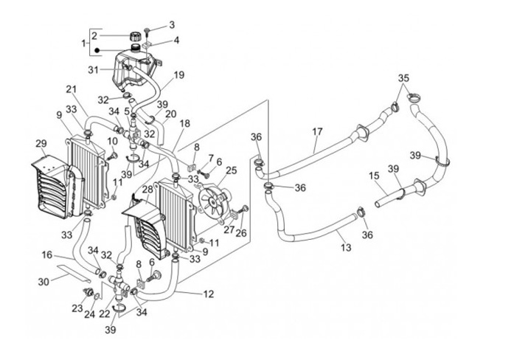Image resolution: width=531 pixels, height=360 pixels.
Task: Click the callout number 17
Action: (x=317, y=131)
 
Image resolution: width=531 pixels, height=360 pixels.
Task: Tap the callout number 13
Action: (x=346, y=248)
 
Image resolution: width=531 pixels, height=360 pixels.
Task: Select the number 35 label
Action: (x=403, y=78)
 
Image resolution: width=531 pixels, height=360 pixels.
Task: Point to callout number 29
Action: (x=41, y=144)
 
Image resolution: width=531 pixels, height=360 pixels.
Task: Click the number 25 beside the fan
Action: (x=232, y=170)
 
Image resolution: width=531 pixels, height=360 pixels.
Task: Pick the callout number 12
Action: (x=209, y=294)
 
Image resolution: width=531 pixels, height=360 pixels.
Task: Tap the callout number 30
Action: (x=44, y=281)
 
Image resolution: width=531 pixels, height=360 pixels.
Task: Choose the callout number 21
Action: (x=71, y=89)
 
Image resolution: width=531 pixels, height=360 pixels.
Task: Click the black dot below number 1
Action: (x=97, y=51)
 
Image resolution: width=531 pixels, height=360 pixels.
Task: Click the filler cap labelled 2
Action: (x=136, y=35)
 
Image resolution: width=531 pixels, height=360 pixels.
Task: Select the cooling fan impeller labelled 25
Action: (x=212, y=202)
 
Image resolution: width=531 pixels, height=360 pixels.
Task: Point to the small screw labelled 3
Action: (x=147, y=32)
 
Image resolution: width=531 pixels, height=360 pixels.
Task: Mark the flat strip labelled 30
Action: (x=74, y=273)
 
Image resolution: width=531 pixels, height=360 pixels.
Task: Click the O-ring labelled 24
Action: (x=97, y=297)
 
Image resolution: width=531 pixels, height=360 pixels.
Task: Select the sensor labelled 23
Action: (x=88, y=292)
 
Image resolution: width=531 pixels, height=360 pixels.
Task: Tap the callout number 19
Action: (x=178, y=75)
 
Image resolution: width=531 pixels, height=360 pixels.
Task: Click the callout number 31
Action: (x=93, y=70)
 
